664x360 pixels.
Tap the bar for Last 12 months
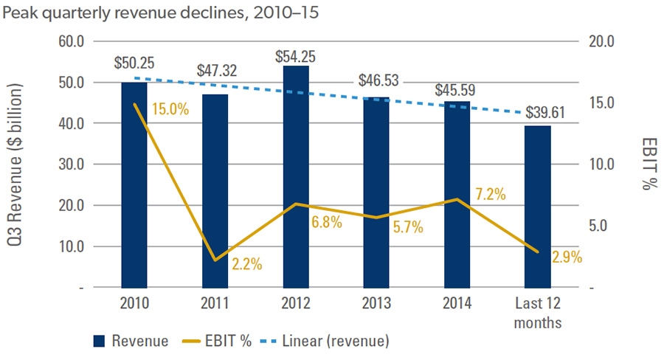(x=537, y=207)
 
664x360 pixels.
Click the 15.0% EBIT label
(x=170, y=109)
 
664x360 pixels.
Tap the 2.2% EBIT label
(x=235, y=263)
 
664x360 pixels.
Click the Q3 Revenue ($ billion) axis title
(x=17, y=164)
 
